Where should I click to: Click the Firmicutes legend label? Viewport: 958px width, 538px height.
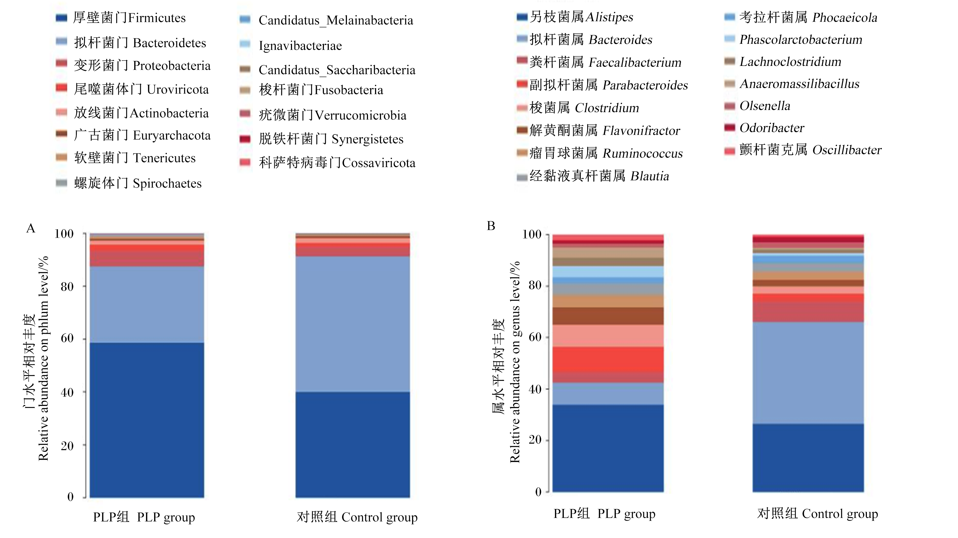(129, 18)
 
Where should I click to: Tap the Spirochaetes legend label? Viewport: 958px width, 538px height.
(138, 183)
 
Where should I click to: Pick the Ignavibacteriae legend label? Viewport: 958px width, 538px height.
(300, 46)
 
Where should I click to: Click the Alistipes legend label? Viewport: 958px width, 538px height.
(581, 17)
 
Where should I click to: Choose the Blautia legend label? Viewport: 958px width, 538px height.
(599, 176)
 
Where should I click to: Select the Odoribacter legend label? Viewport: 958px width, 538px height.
(772, 128)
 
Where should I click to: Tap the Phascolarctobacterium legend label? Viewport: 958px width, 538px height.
(801, 39)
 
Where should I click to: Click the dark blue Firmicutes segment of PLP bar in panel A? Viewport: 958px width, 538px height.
(147, 420)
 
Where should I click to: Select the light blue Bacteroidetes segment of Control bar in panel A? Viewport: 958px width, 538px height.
(353, 324)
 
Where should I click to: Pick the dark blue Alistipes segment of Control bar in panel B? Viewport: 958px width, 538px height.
(808, 458)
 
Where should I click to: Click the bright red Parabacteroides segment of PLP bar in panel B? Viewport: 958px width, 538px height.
(608, 359)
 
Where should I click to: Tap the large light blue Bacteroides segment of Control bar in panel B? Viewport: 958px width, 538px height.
(808, 373)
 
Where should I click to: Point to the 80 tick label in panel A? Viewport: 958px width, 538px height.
(67, 287)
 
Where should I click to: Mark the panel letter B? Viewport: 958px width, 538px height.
(491, 226)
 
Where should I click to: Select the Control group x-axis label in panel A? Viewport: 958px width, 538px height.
(357, 517)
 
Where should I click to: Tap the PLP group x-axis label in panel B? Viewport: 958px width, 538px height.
(604, 513)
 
